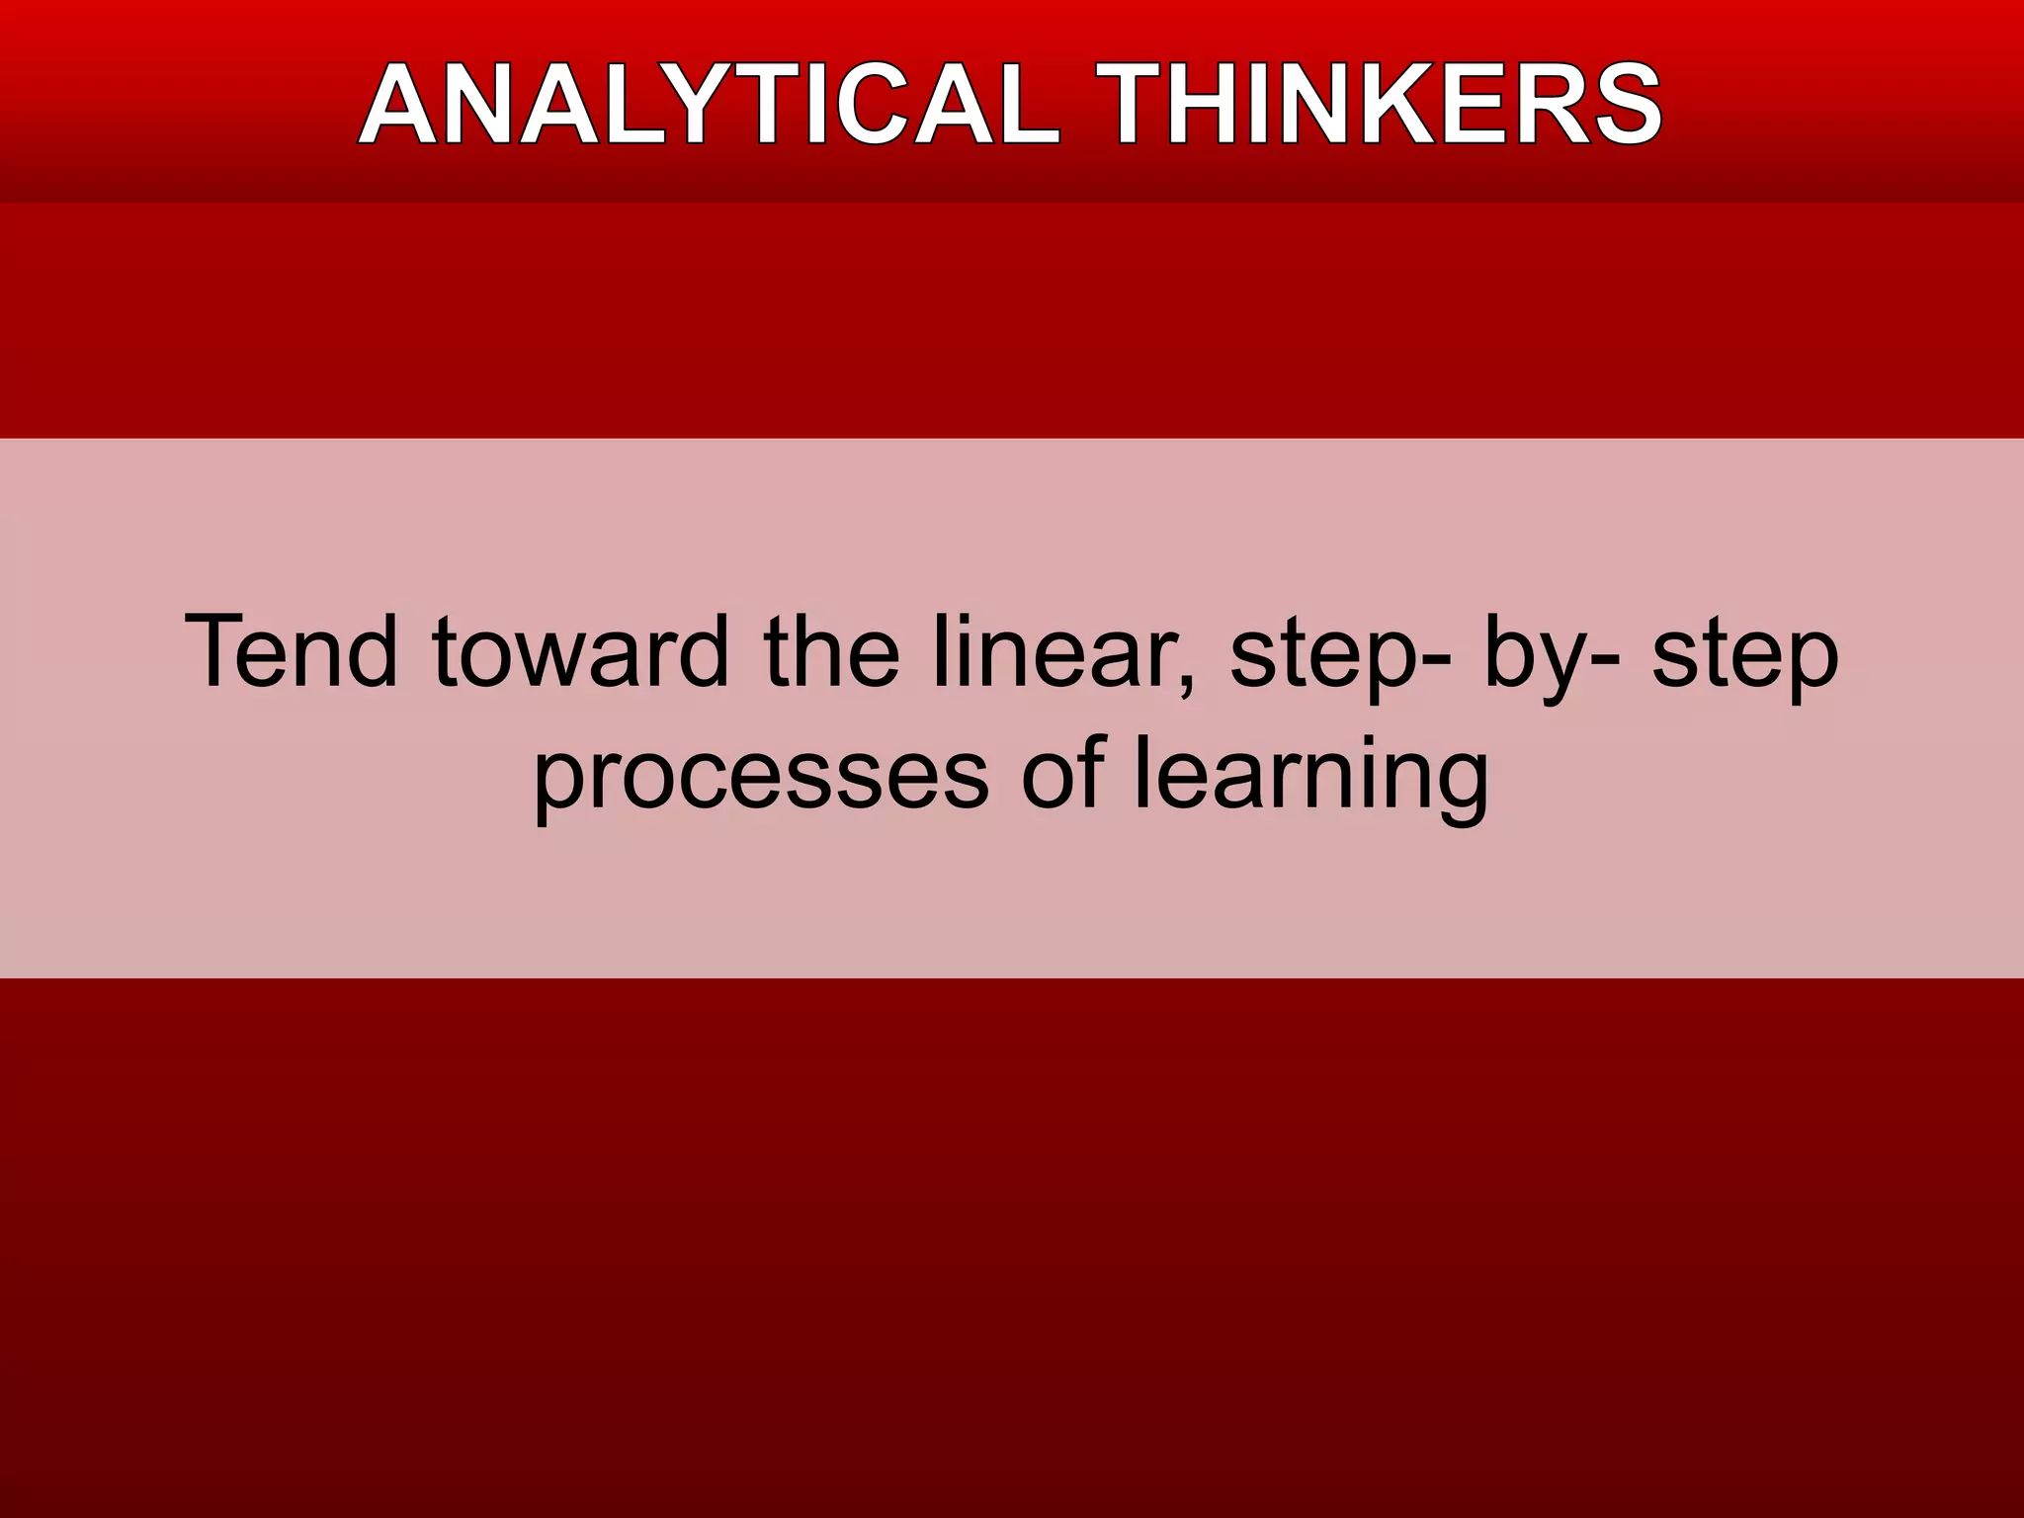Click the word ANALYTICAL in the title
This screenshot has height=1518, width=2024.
pos(708,105)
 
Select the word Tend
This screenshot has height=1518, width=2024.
pos(291,652)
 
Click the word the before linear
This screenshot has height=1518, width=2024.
pos(830,652)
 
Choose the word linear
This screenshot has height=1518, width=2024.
pos(1052,652)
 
